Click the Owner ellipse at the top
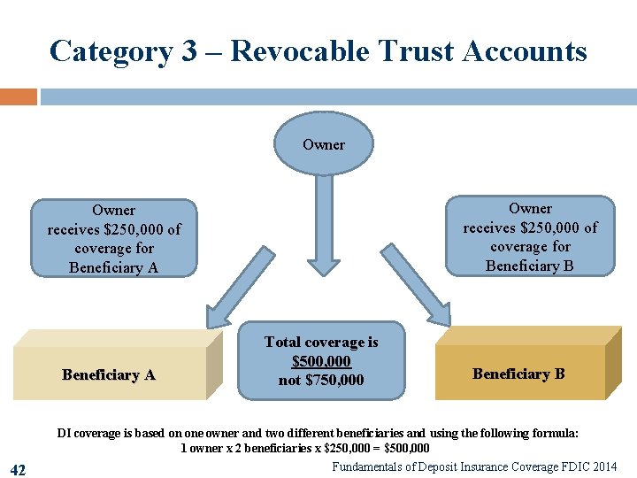click(323, 144)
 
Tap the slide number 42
click(17, 469)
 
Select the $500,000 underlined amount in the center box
click(321, 361)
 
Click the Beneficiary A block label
click(109, 374)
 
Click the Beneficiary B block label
click(518, 374)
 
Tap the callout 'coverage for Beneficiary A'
click(113, 238)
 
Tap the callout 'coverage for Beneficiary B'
click(530, 236)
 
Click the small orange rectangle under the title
click(18, 96)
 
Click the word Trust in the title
click(411, 50)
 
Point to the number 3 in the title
click(189, 50)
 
